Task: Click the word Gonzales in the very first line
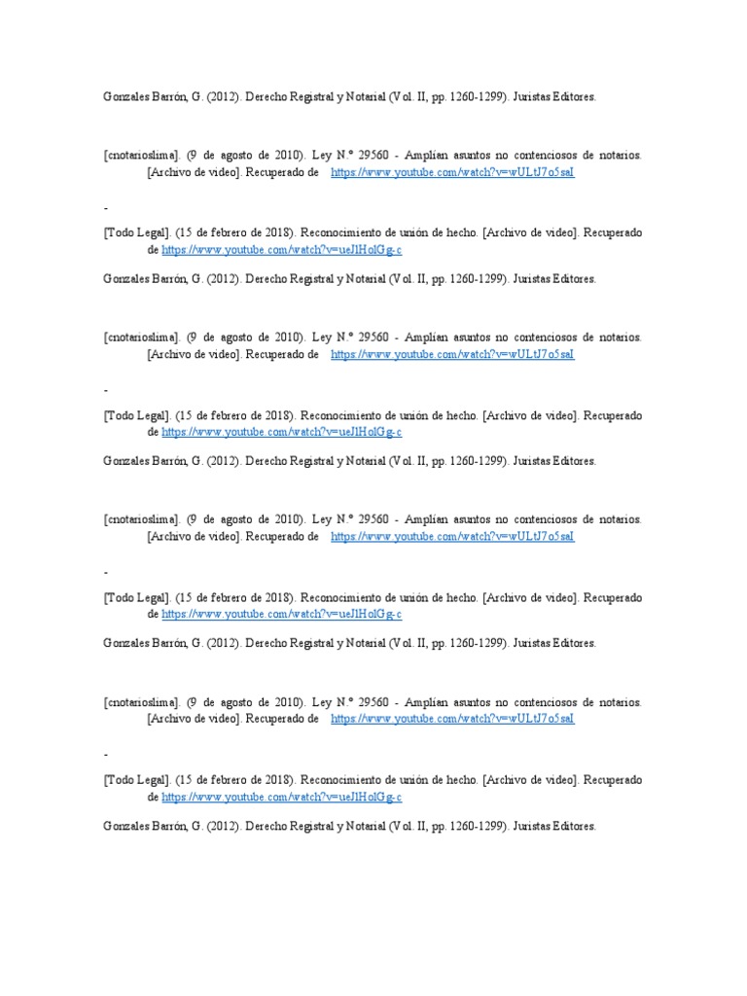click(x=125, y=97)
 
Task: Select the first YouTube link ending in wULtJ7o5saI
click(x=452, y=172)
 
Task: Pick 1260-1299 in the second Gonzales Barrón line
click(x=474, y=279)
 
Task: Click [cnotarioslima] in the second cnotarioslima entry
click(x=142, y=338)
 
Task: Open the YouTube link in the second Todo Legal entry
click(x=281, y=432)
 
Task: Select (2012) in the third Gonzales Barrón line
click(x=221, y=461)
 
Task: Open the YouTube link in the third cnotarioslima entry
click(x=452, y=536)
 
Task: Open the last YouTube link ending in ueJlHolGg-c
click(x=281, y=797)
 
